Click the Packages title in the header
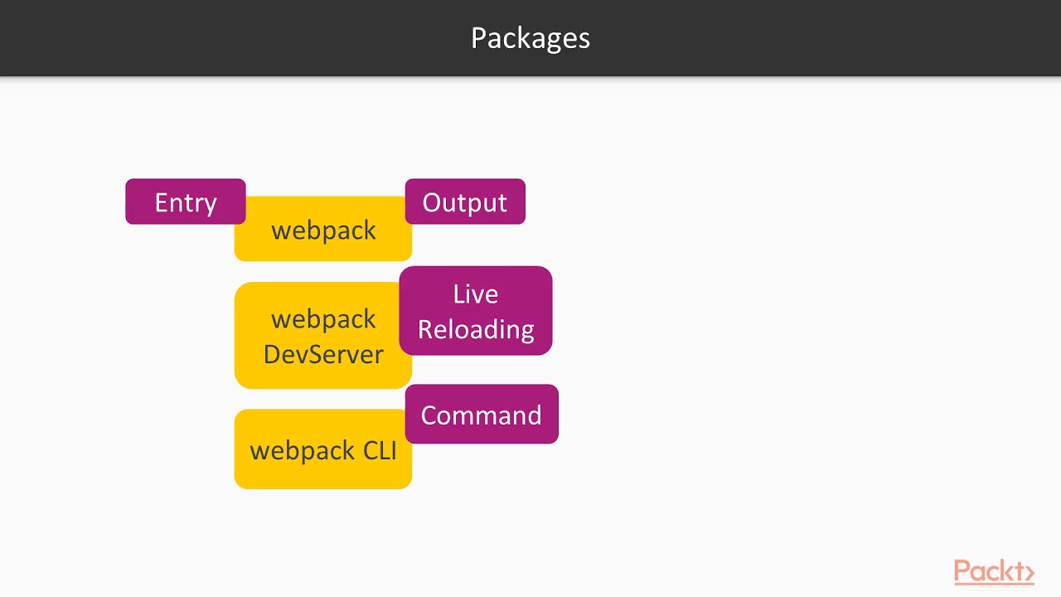coord(530,38)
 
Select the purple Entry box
coord(185,201)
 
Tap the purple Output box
coord(464,201)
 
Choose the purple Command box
coord(481,414)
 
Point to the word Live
coord(475,294)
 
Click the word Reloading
coord(475,329)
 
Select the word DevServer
coord(323,354)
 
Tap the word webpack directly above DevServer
coord(323,319)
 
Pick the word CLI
coord(380,450)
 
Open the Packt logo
coord(993,572)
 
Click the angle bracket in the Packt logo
coord(1029,573)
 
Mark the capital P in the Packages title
coord(478,38)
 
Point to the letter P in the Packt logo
coord(962,571)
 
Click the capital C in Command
coord(430,415)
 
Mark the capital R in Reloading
coord(425,329)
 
